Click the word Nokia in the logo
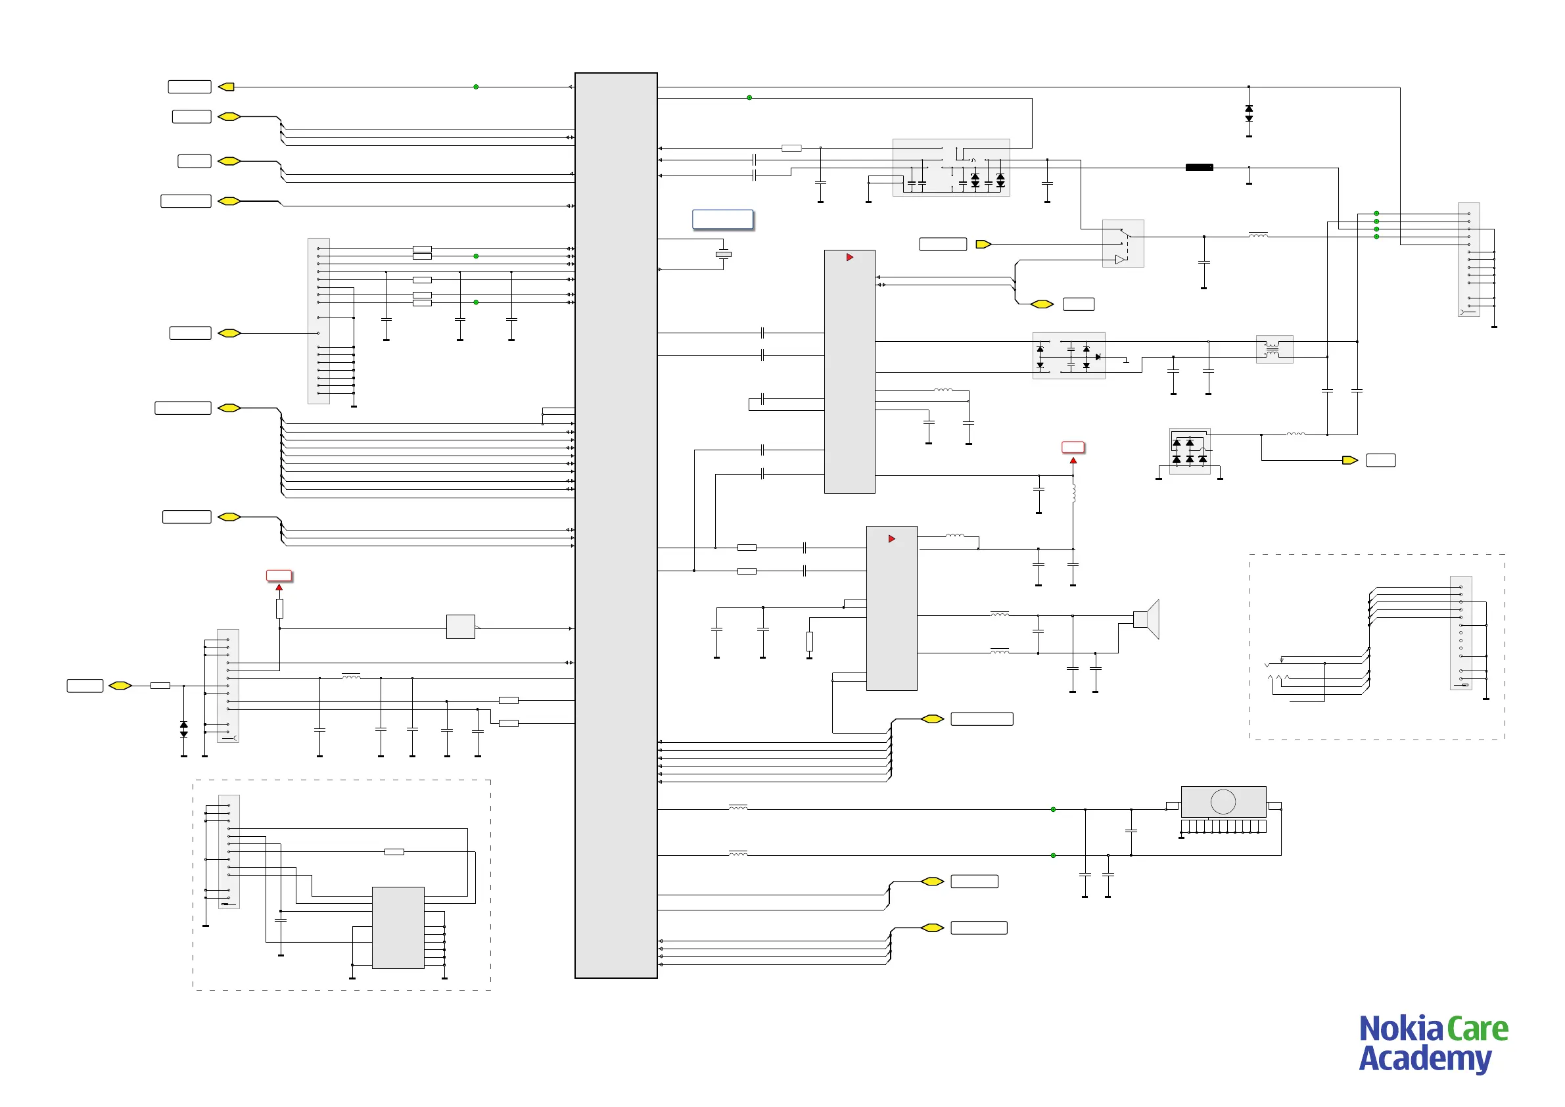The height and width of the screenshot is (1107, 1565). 1400,1029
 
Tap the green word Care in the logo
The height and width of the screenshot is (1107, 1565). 1477,1029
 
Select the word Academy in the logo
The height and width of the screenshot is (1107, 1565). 1424,1059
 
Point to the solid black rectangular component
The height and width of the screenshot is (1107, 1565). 1199,167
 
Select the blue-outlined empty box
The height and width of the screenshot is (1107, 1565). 722,220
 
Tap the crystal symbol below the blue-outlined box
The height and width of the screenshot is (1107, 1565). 723,254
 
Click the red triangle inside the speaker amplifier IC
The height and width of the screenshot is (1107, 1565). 891,539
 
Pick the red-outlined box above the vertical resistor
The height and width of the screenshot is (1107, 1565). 279,576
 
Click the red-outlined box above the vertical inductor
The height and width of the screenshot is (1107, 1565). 1073,447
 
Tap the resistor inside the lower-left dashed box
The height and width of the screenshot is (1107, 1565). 394,852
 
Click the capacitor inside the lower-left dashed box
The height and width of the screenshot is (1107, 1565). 280,920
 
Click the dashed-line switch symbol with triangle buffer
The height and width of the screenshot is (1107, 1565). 1123,244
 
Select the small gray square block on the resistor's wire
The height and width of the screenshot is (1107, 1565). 460,626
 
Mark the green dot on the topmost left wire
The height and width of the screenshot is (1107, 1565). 476,87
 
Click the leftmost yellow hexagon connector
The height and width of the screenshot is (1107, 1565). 120,686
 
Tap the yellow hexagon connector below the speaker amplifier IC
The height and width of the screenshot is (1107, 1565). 932,719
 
